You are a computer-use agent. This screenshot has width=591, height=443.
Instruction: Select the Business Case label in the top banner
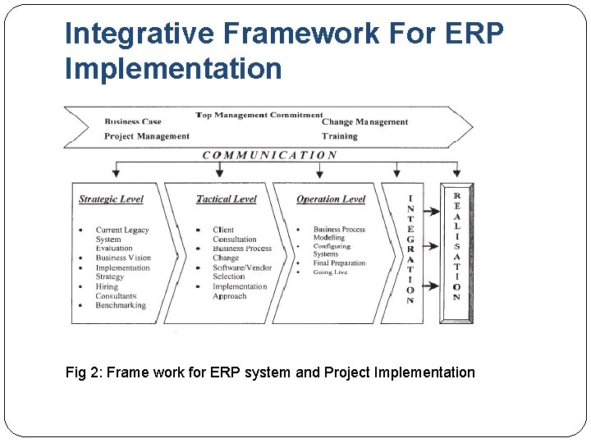coord(133,122)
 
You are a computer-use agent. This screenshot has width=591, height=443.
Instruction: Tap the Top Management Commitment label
coord(259,115)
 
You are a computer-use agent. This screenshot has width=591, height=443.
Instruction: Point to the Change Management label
coord(364,122)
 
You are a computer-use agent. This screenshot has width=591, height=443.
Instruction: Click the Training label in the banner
coord(339,136)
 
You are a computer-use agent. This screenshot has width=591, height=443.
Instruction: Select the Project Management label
coord(147,136)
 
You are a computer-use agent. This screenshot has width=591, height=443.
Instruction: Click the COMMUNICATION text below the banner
coord(269,155)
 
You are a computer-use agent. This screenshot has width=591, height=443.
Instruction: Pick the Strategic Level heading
coord(111,199)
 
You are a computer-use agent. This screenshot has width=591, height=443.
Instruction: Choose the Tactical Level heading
coord(227,199)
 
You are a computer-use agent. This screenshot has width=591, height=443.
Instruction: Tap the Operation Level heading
coord(330,199)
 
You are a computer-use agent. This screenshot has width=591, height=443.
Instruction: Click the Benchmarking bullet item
coord(121,306)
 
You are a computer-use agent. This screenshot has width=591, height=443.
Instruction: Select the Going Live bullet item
coord(330,272)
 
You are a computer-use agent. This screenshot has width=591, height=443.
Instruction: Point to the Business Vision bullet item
coord(123,258)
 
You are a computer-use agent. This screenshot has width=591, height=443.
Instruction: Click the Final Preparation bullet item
coord(339,263)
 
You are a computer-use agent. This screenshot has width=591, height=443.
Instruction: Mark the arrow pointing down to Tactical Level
coord(219,170)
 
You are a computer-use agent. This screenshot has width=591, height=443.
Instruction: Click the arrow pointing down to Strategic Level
coord(117,170)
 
